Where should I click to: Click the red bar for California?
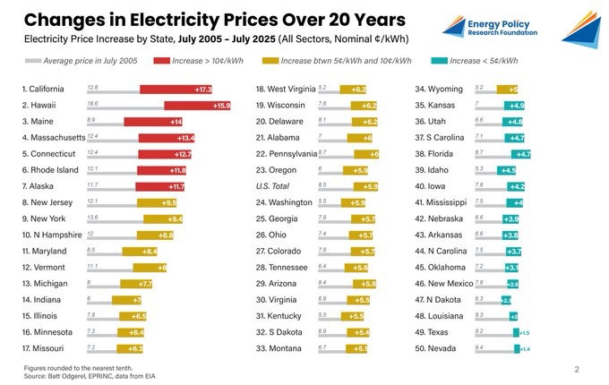click(176, 90)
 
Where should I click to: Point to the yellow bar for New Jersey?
click(157, 202)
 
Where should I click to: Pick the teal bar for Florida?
click(521, 154)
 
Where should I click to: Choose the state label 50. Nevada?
click(436, 347)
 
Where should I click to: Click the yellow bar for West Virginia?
click(353, 90)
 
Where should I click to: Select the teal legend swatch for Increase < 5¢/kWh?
click(438, 60)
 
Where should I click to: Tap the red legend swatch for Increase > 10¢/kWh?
click(162, 60)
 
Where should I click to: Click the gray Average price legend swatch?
click(31, 60)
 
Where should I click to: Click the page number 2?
click(577, 369)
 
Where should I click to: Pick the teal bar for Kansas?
click(517, 106)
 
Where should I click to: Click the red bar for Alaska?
click(166, 186)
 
